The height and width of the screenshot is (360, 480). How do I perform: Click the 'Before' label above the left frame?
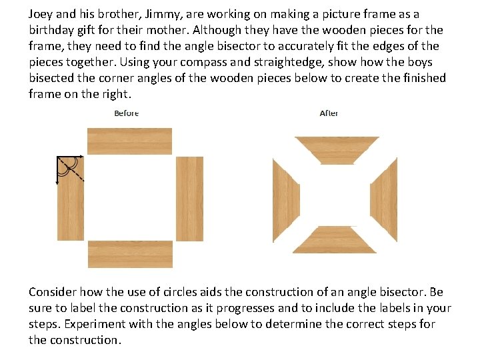tap(127, 113)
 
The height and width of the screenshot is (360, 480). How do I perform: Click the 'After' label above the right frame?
tap(329, 113)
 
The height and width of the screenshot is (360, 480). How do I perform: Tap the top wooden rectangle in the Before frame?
tap(129, 141)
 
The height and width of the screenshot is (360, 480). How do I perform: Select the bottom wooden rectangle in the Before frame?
tap(130, 254)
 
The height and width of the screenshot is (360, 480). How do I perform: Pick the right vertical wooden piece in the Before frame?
tap(189, 199)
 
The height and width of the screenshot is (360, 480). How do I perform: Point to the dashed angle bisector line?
tap(71, 169)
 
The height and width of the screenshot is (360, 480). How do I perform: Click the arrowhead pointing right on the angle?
tap(81, 157)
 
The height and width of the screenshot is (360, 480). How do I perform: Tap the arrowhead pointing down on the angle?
tap(57, 183)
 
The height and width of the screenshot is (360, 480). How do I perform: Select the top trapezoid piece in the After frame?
tap(337, 150)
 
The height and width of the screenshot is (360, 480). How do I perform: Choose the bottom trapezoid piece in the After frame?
tap(335, 240)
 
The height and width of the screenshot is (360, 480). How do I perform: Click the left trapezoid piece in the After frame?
tap(285, 200)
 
